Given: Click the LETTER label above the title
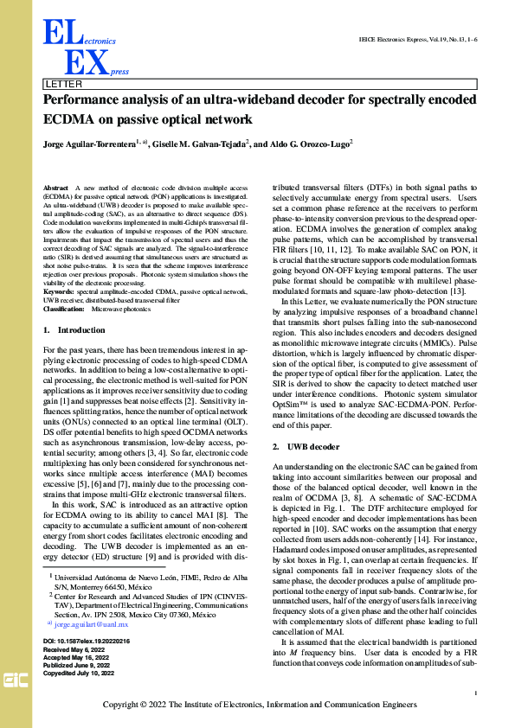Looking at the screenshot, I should [x=63, y=85].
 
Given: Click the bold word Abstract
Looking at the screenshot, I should [x=55, y=187].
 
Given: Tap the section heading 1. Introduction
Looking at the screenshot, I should [x=74, y=330].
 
